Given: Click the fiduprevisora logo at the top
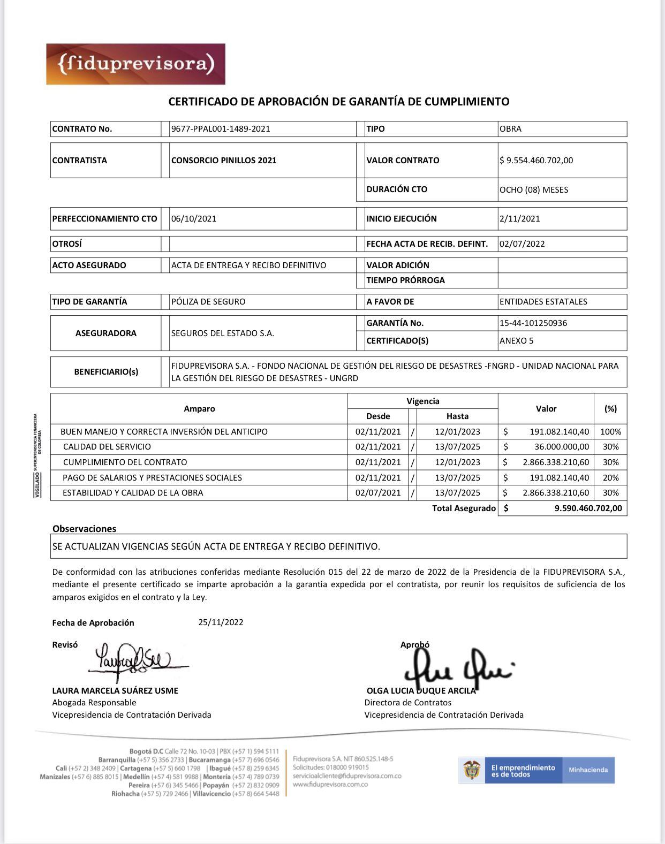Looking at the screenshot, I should coord(135,64).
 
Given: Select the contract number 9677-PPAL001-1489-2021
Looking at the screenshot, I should coord(221,129).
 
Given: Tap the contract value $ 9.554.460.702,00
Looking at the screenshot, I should coord(536,160).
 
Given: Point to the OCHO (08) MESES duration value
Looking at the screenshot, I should coord(534,189).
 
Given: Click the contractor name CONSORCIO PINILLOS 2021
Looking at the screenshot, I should coord(224,160).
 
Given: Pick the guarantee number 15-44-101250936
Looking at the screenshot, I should coord(533,323).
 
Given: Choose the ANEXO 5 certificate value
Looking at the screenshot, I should coord(517,340).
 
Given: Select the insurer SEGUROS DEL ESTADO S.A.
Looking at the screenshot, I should coord(223,333).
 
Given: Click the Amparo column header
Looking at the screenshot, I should coord(199,409).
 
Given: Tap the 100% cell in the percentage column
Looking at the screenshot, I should coord(610,432).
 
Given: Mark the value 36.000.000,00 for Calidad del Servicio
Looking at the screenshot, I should coord(562,447).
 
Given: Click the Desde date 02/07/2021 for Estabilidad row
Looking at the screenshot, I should coord(378,493).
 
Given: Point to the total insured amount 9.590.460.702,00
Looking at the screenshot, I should coord(588,508).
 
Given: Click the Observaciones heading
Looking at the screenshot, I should coord(84,529).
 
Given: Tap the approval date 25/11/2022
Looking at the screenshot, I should coord(221,622).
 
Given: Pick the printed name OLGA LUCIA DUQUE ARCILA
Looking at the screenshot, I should coord(421,690).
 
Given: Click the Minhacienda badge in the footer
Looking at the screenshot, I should coord(588,770).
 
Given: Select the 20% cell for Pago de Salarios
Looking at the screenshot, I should coord(610,478).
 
